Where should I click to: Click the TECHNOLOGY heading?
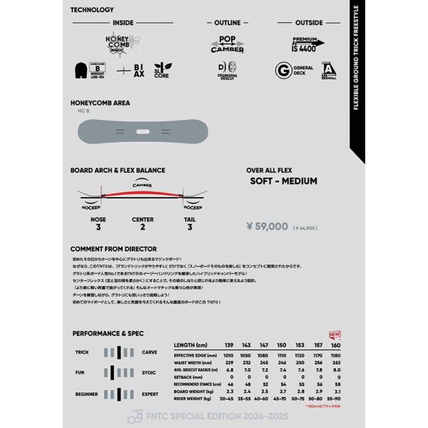point(92,10)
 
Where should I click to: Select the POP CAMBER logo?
point(228,45)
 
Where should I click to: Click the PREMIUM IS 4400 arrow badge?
point(307,44)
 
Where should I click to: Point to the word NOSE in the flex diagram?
point(98,219)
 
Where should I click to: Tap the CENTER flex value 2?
point(143,227)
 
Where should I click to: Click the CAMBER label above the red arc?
point(142,184)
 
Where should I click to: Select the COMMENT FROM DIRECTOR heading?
point(114,248)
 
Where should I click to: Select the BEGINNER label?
point(86,394)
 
